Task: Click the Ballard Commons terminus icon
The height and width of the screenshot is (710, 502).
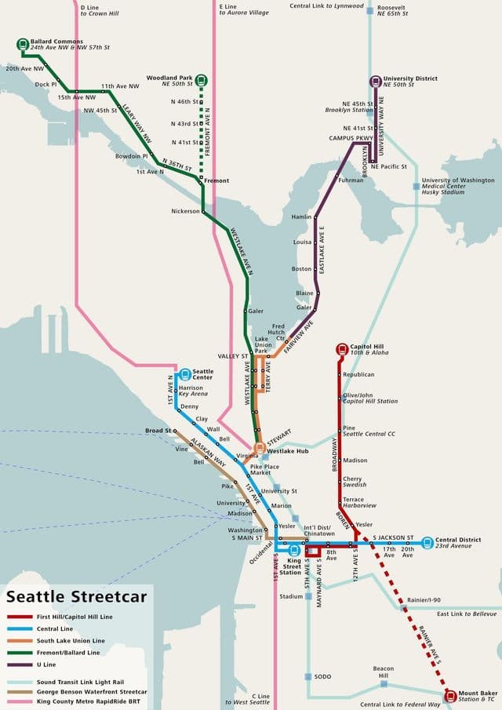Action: (24, 44)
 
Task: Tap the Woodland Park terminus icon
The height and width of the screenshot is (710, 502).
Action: (202, 79)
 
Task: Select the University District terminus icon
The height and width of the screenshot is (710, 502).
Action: (376, 81)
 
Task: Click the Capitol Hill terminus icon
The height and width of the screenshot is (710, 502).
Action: (341, 349)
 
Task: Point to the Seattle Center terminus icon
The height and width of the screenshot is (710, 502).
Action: (185, 375)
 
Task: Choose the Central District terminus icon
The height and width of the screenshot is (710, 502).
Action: (427, 542)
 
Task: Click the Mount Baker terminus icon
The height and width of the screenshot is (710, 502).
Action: (450, 696)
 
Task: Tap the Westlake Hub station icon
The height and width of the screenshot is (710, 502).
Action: (259, 448)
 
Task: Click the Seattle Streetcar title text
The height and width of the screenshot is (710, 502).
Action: (76, 597)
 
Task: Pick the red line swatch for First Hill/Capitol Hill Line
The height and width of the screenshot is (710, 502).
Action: (24, 617)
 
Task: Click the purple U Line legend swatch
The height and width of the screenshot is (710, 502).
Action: (24, 664)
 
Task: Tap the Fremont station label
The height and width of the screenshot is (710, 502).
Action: (217, 181)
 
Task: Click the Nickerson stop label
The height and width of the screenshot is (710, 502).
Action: (185, 211)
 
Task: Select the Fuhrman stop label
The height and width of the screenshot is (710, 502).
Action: (351, 180)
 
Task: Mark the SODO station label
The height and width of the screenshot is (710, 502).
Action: (322, 676)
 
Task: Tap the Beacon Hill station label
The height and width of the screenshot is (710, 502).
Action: (384, 672)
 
